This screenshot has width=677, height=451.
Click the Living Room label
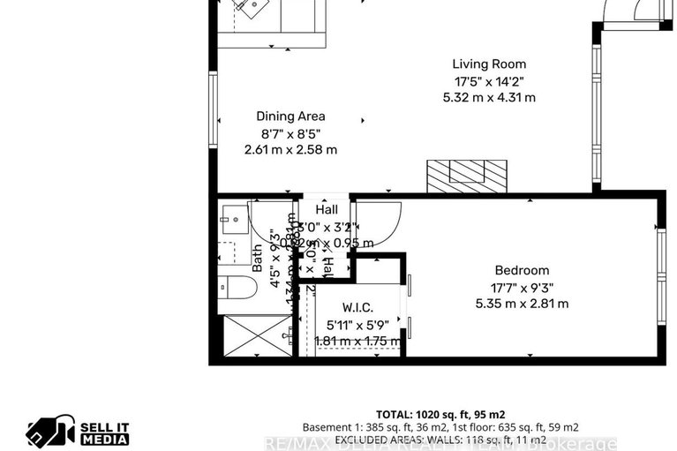tap(489, 64)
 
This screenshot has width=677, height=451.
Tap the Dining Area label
tap(290, 116)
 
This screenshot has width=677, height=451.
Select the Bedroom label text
tap(521, 270)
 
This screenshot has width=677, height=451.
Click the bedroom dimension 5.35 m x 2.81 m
tap(521, 303)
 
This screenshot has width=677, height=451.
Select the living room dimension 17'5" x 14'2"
tap(489, 80)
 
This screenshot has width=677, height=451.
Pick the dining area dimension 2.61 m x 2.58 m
tap(290, 149)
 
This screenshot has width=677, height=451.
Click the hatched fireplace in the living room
tap(467, 176)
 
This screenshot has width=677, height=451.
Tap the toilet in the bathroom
tap(237, 288)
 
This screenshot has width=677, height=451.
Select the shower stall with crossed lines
tap(256, 335)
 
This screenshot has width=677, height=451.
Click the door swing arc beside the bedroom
tap(380, 221)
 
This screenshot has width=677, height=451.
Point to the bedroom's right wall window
tap(660, 278)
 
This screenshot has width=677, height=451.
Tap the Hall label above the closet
tap(327, 210)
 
